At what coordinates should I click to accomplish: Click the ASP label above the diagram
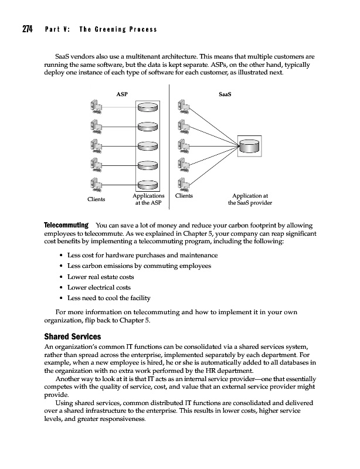point(123,93)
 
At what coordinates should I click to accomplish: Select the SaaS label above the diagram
point(224,93)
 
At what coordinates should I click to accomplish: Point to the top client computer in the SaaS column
point(182,107)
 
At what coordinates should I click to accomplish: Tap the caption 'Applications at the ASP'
point(148,200)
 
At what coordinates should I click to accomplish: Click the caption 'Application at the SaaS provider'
point(250,200)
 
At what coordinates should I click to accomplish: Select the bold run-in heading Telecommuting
point(66,225)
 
